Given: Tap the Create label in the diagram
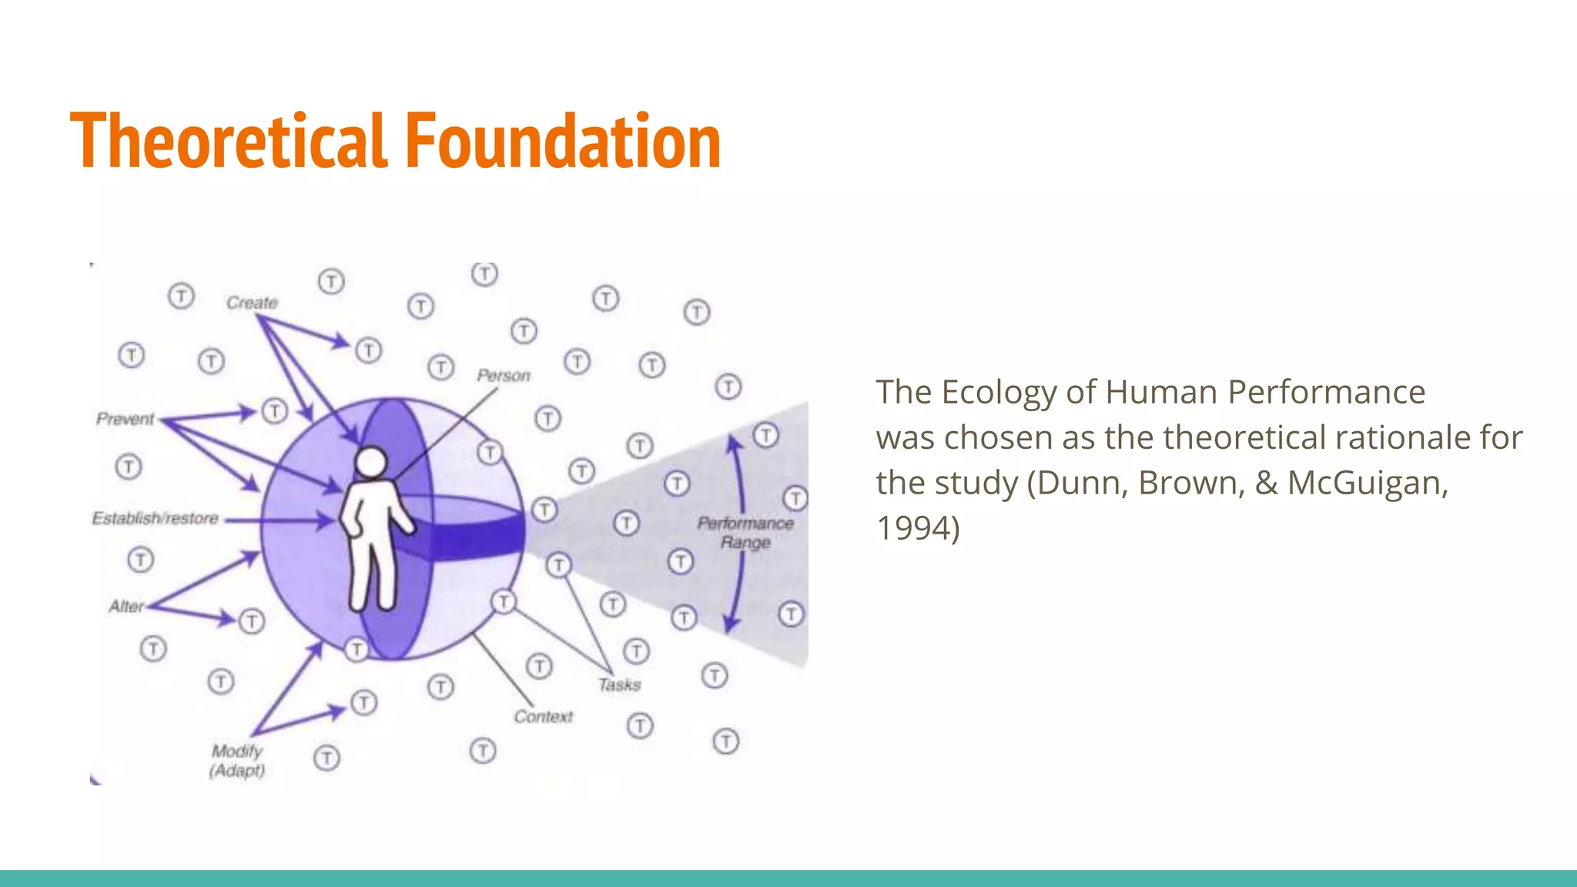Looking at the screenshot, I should coord(252,303).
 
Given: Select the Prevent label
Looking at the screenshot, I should coord(125,419).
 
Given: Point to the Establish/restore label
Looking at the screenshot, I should coord(156,518).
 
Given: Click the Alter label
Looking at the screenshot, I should coord(126,607).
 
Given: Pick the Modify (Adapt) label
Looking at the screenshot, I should coord(237,761).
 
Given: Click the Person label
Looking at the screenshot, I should coord(504,376).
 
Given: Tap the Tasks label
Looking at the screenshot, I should coord(619,684).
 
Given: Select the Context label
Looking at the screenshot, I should coord(543,717).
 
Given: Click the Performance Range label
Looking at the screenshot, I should coord(745,533).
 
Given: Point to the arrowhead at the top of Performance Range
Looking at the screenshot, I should coord(734,442).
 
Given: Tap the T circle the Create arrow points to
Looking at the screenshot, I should coord(369,351).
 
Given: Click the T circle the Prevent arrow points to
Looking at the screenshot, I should coord(275,411).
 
